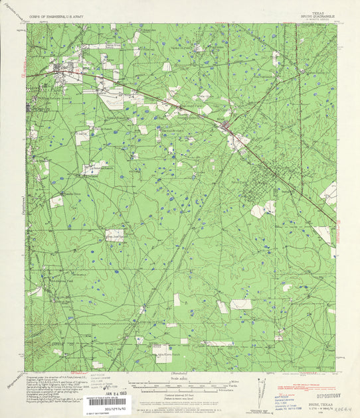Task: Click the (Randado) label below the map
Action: pos(181,374)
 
